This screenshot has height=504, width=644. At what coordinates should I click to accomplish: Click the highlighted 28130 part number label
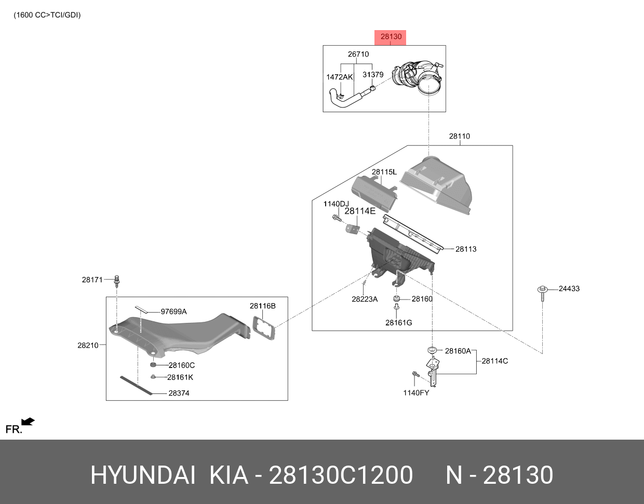(x=391, y=37)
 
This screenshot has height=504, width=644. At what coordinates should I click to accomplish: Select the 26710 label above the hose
(x=358, y=54)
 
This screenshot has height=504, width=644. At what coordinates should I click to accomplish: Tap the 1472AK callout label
(x=339, y=77)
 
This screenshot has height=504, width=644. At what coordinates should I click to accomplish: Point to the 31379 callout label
(x=373, y=75)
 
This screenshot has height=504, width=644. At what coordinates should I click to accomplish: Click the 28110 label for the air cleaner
(x=459, y=137)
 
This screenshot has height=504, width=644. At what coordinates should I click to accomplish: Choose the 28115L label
(x=384, y=172)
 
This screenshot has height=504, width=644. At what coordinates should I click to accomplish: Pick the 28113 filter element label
(x=466, y=249)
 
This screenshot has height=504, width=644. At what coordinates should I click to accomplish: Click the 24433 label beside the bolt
(x=569, y=289)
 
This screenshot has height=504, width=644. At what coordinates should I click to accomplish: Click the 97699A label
(x=173, y=312)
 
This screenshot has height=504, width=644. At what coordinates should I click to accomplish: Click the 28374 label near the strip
(x=179, y=393)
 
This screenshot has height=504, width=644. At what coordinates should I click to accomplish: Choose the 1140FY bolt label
(x=416, y=393)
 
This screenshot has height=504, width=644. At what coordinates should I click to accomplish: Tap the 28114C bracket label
(x=495, y=361)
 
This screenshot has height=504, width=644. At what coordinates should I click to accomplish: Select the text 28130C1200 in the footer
(x=340, y=475)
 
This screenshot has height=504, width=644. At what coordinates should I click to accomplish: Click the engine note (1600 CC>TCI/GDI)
(x=47, y=15)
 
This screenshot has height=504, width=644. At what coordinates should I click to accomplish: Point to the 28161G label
(x=398, y=323)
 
